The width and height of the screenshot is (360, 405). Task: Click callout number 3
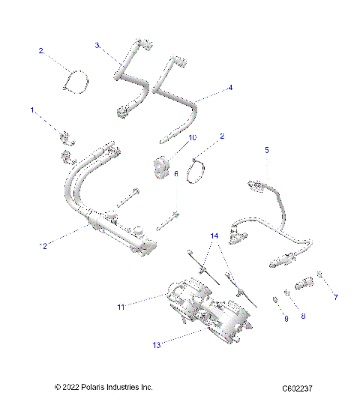97,45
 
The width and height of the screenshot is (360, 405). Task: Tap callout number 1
32,110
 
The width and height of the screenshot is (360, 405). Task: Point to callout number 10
192,137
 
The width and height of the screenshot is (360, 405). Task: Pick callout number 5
266,149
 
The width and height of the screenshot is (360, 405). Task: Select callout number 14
215,235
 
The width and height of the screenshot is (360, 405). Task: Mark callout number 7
335,297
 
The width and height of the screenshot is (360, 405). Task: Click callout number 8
304,316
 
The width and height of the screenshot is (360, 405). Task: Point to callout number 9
285,319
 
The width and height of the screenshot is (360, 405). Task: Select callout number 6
176,173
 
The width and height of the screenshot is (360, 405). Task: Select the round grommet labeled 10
160,166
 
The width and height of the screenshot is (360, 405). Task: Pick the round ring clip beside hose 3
74,80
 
